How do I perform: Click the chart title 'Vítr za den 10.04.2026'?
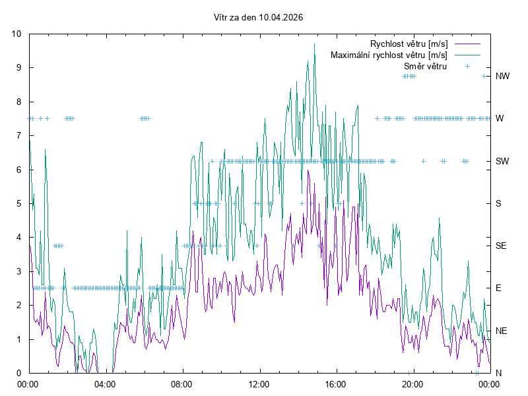pos(259,18)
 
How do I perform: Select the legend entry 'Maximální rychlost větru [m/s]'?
pos(389,55)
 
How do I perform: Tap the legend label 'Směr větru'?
pos(425,66)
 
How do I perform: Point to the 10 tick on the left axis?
pos(16,34)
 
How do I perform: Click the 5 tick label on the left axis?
pos(19,203)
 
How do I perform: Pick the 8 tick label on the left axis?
pos(19,102)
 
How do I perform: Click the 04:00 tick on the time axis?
pos(104,383)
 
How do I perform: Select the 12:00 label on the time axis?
pos(259,383)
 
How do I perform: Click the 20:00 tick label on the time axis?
pos(412,383)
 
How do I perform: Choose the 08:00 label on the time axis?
pos(181,383)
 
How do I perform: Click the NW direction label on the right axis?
pos(502,77)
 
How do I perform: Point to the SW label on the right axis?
pos(502,161)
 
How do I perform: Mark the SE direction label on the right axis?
pos(501,246)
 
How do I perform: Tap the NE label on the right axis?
pos(501,330)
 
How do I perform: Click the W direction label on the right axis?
pos(500,119)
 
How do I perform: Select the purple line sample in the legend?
pos(467,44)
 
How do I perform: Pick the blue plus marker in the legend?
pos(467,66)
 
